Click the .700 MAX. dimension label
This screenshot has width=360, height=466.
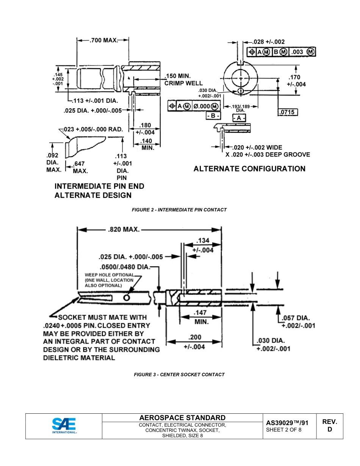tap(103, 40)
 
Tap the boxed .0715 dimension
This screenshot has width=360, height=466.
tap(288, 112)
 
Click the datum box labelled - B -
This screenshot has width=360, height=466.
tap(213, 115)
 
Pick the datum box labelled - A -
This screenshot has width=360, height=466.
tap(239, 118)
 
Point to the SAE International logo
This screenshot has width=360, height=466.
tap(64, 426)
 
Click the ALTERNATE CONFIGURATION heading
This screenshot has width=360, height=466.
tap(249, 169)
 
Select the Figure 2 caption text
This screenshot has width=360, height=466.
tap(179, 210)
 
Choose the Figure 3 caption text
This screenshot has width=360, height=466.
tap(179, 374)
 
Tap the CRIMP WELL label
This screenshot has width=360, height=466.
tap(183, 83)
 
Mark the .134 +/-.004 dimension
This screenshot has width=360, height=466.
tap(203, 245)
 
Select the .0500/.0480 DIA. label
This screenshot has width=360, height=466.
tap(125, 267)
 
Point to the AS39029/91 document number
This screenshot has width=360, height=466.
tap(287, 423)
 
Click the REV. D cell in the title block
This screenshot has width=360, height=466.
tap(330, 425)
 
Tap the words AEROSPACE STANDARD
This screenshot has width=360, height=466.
tap(182, 418)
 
